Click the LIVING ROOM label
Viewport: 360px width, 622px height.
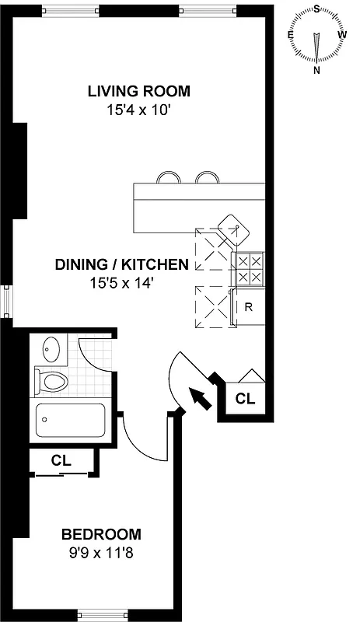click(x=138, y=92)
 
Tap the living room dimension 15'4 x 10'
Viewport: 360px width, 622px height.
click(x=138, y=110)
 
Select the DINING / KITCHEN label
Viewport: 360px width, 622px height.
click(x=121, y=264)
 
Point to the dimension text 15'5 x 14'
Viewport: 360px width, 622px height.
click(x=121, y=283)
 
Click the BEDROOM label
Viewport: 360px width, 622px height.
click(x=102, y=534)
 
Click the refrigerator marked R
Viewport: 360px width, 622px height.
click(x=249, y=306)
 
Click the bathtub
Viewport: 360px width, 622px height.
click(x=70, y=421)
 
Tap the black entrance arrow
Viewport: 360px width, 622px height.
click(x=201, y=399)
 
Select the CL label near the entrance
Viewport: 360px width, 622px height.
click(x=245, y=400)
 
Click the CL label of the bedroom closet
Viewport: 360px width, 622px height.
click(x=61, y=460)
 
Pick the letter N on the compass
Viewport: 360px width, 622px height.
click(x=317, y=70)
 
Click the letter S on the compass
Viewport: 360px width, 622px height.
click(x=317, y=9)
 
